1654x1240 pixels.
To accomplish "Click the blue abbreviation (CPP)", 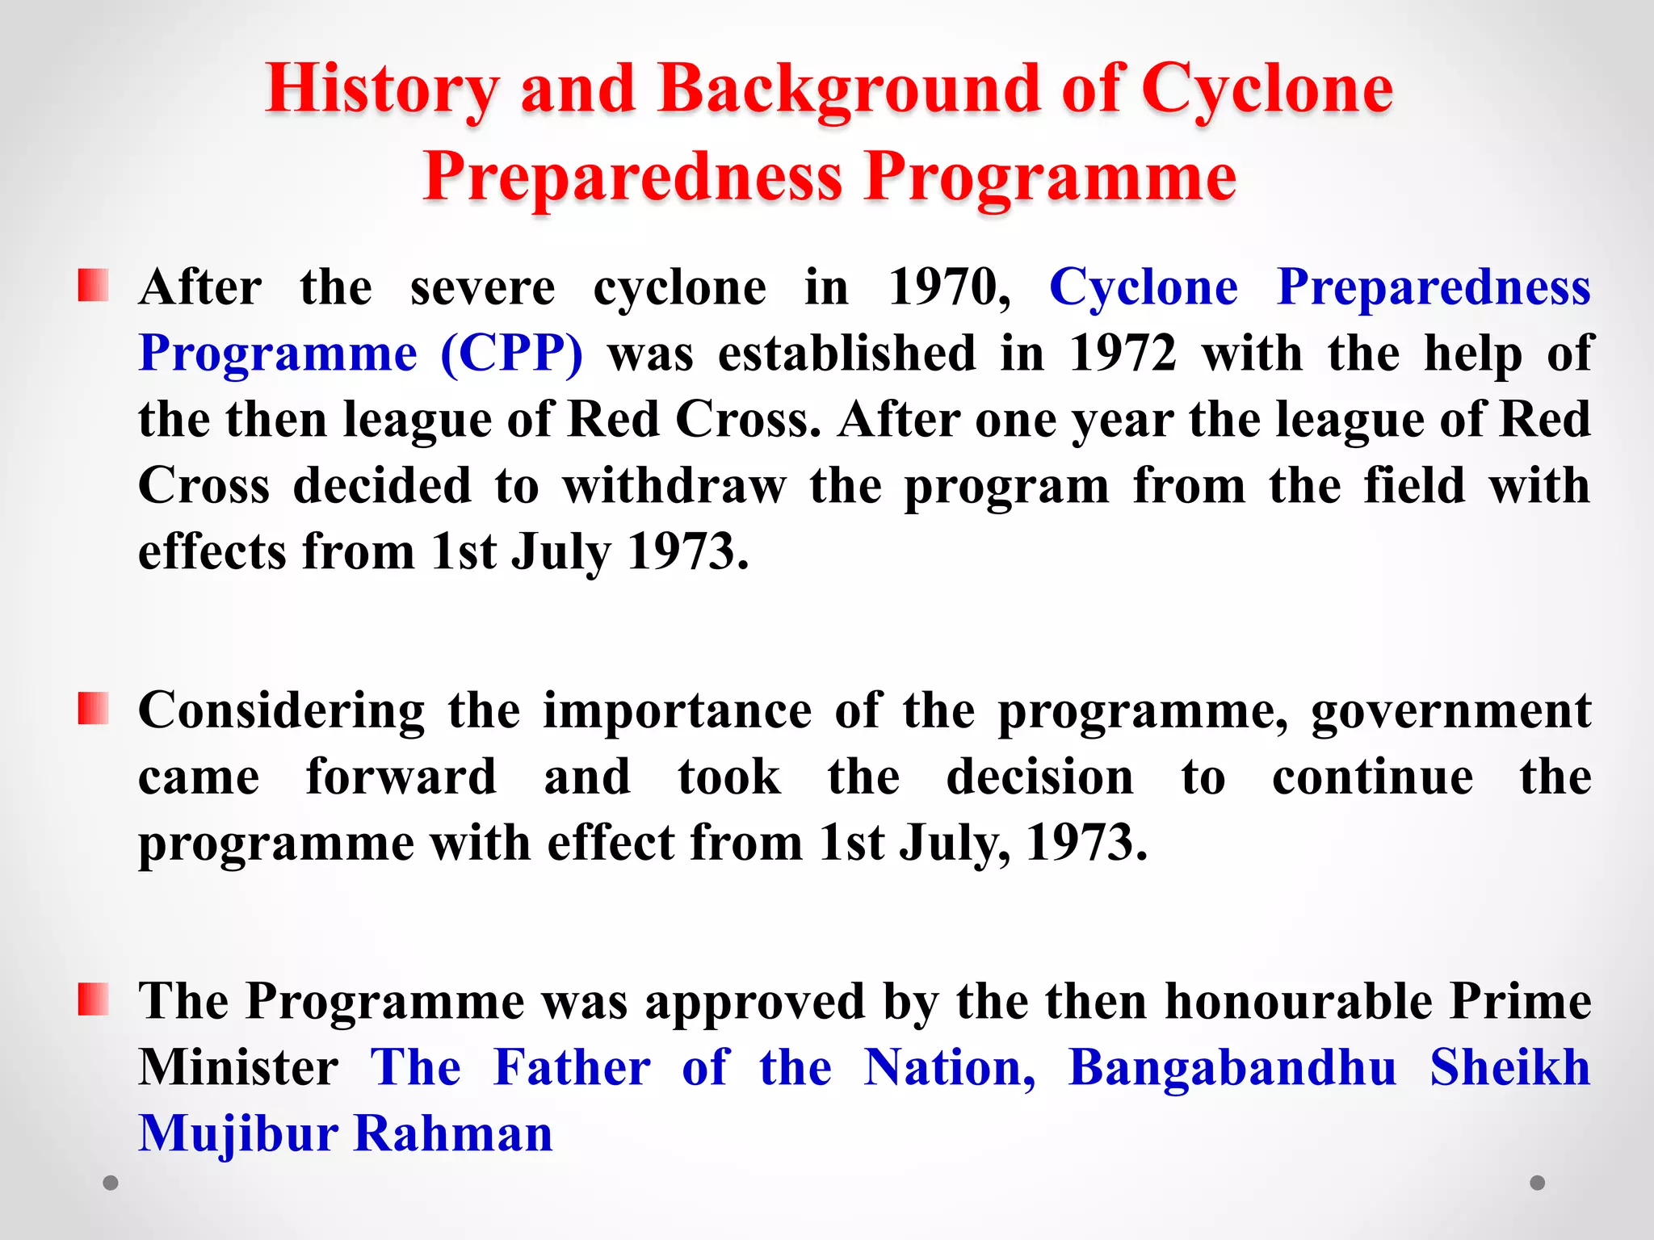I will tap(512, 354).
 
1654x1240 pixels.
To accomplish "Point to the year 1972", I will tap(1123, 354).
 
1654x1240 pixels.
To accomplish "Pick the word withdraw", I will tap(674, 486).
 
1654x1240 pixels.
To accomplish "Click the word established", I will tap(847, 354).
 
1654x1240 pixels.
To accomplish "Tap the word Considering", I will tap(281, 712).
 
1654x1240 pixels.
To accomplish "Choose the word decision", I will tap(1040, 777).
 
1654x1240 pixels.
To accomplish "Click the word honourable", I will tap(1299, 1002).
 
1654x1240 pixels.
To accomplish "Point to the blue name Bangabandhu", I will tap(1232, 1068).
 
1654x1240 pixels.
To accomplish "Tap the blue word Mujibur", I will tap(238, 1134).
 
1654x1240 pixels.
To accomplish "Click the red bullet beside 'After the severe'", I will tap(93, 286).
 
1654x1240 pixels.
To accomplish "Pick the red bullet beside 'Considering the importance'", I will tap(93, 709).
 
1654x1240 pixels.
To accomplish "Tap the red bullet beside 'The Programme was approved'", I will tap(93, 999).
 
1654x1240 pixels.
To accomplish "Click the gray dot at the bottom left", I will tap(111, 1183).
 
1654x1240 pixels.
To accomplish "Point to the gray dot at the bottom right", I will tap(1538, 1183).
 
